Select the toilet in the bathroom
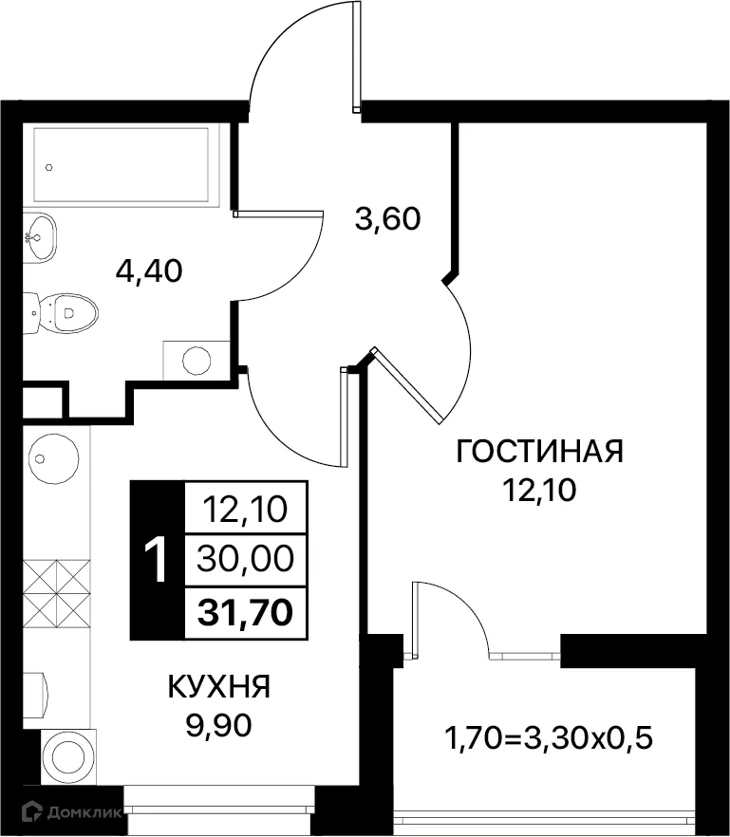click(65, 310)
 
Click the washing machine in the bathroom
click(197, 360)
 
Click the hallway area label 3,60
click(387, 220)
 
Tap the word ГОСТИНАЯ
click(539, 452)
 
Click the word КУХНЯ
click(218, 686)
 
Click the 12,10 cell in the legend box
click(245, 513)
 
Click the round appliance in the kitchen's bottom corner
click(68, 756)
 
